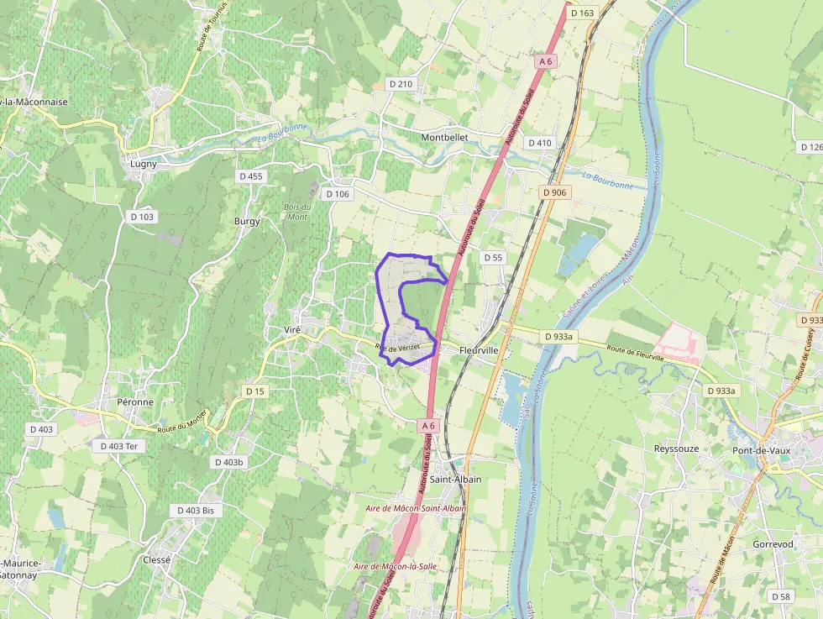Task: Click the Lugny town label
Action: pyautogui.click(x=144, y=164)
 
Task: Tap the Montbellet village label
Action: pyautogui.click(x=444, y=137)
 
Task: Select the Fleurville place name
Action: pyautogui.click(x=480, y=349)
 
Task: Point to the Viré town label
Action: pyautogui.click(x=292, y=330)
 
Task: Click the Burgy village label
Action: pyautogui.click(x=247, y=222)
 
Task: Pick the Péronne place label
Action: pyautogui.click(x=135, y=401)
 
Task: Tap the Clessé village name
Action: pyautogui.click(x=157, y=559)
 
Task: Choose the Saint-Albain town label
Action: pyautogui.click(x=456, y=480)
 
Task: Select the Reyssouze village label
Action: pyautogui.click(x=678, y=449)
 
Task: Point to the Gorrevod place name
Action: pyautogui.click(x=773, y=544)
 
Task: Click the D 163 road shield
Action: pyautogui.click(x=582, y=13)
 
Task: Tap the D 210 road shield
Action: pyautogui.click(x=401, y=84)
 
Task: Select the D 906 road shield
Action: pyautogui.click(x=555, y=192)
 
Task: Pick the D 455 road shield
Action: pyautogui.click(x=251, y=176)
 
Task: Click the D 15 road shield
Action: pyautogui.click(x=254, y=391)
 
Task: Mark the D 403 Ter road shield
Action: pyautogui.click(x=118, y=446)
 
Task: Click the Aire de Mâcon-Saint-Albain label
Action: pyautogui.click(x=415, y=509)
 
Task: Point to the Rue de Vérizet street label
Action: pyautogui.click(x=397, y=348)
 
